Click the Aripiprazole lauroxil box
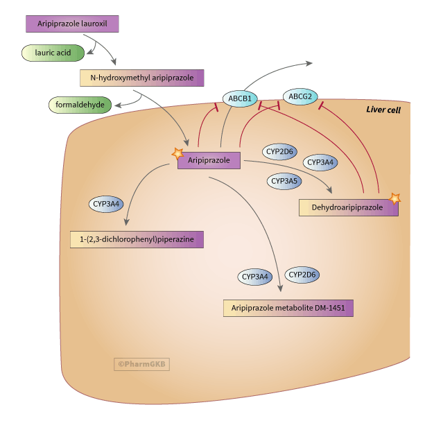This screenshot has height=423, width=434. pyautogui.click(x=72, y=24)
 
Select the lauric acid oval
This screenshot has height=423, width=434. pyautogui.click(x=53, y=52)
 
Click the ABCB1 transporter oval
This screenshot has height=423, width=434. pyautogui.click(x=240, y=98)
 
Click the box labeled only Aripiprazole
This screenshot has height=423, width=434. pyautogui.click(x=209, y=161)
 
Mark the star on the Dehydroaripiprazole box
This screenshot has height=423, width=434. pyautogui.click(x=395, y=198)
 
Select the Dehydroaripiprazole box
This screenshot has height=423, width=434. pyautogui.click(x=348, y=207)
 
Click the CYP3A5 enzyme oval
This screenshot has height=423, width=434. pyautogui.click(x=284, y=181)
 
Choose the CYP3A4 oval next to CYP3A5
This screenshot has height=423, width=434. pyautogui.click(x=321, y=162)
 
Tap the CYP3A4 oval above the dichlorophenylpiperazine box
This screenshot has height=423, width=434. pyautogui.click(x=107, y=204)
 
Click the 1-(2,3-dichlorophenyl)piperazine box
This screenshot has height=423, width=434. pyautogui.click(x=137, y=239)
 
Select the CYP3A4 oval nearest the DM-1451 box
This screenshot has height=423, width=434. pyautogui.click(x=255, y=277)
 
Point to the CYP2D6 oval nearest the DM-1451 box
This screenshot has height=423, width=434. pyautogui.click(x=302, y=275)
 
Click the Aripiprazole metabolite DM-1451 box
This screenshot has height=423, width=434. pyautogui.click(x=288, y=308)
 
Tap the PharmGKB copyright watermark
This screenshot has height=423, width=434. pyautogui.click(x=142, y=363)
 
